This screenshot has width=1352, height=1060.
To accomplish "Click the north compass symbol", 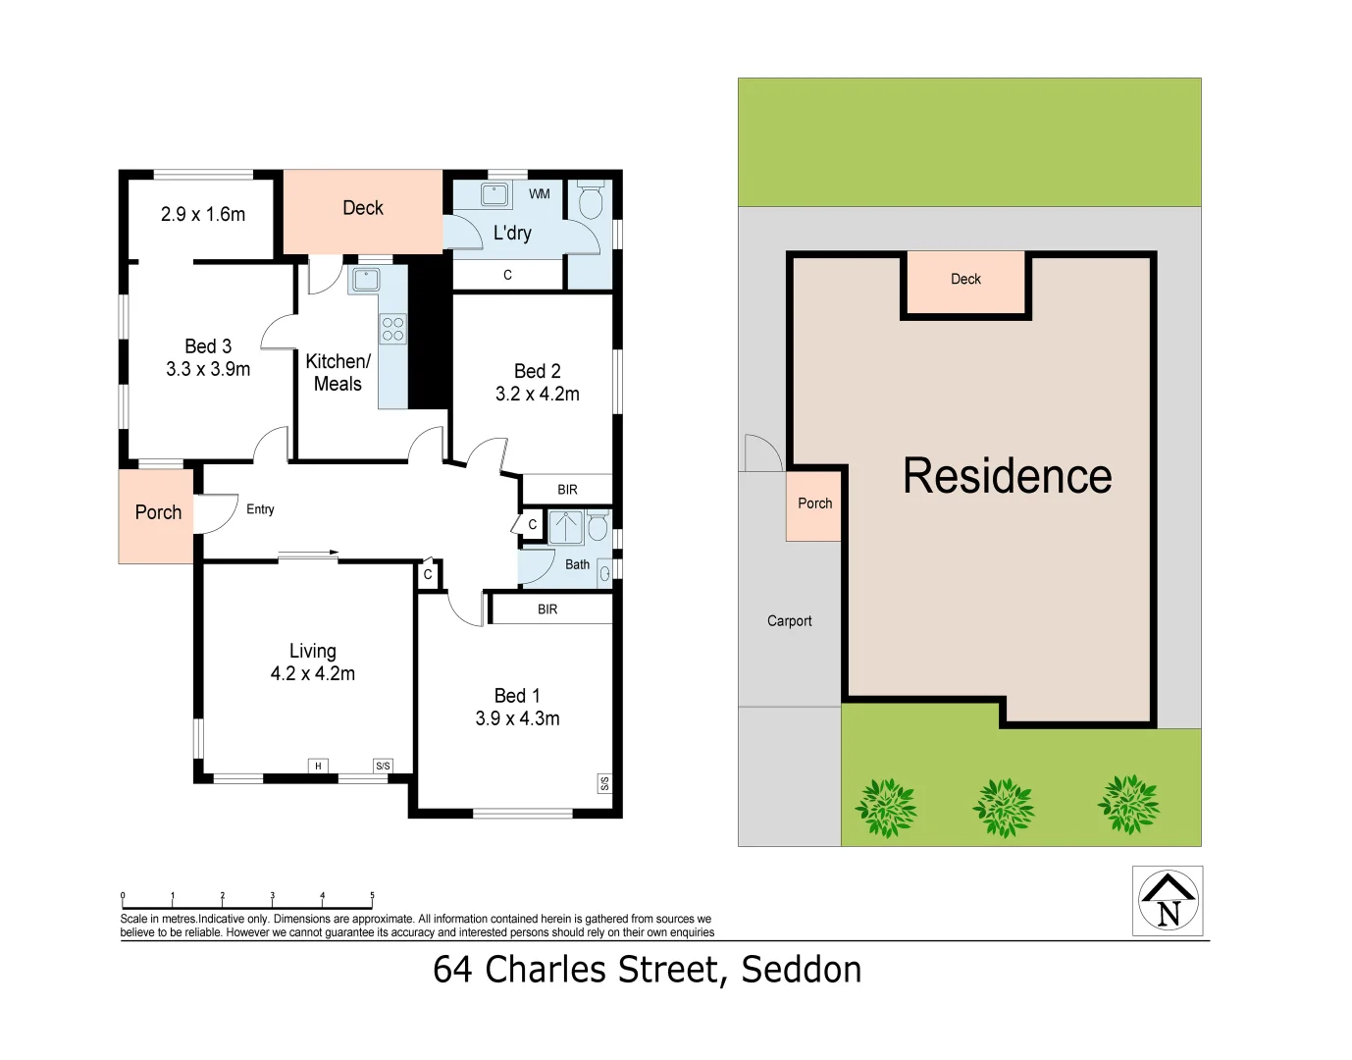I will pyautogui.click(x=1168, y=901).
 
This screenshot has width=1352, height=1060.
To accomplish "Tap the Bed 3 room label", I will pyautogui.click(x=208, y=346).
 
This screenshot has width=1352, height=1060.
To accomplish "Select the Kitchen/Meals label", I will pyautogui.click(x=338, y=373).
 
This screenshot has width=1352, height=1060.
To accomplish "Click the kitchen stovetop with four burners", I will pyautogui.click(x=393, y=329).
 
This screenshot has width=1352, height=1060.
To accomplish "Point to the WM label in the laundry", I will pyautogui.click(x=540, y=194).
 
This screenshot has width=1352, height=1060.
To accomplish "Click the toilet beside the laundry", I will pyautogui.click(x=591, y=201).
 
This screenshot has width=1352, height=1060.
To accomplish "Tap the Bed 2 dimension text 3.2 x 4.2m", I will pyautogui.click(x=537, y=395).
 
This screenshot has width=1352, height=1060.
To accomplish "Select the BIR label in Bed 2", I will pyautogui.click(x=567, y=490).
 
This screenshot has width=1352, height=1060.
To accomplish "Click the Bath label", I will pyautogui.click(x=577, y=564).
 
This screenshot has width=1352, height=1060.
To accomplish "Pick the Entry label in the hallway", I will pyautogui.click(x=260, y=509).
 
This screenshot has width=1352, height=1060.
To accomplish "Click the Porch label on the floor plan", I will pyautogui.click(x=158, y=512).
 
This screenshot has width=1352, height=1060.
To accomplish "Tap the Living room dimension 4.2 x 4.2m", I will pyautogui.click(x=313, y=674).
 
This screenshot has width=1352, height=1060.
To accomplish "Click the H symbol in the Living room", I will pyautogui.click(x=318, y=766).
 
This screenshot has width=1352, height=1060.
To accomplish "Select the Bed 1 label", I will pyautogui.click(x=517, y=696).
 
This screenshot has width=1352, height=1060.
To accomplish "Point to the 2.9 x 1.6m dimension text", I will pyautogui.click(x=203, y=214).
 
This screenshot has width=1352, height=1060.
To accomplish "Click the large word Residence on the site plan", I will pyautogui.click(x=1007, y=476).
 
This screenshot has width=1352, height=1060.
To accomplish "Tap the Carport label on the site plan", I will pyautogui.click(x=789, y=621).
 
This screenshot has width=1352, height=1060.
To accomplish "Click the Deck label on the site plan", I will pyautogui.click(x=965, y=280).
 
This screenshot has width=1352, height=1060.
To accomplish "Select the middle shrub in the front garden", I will pyautogui.click(x=1003, y=808).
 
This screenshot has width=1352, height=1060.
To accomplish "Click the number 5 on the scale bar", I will pyautogui.click(x=372, y=895).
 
